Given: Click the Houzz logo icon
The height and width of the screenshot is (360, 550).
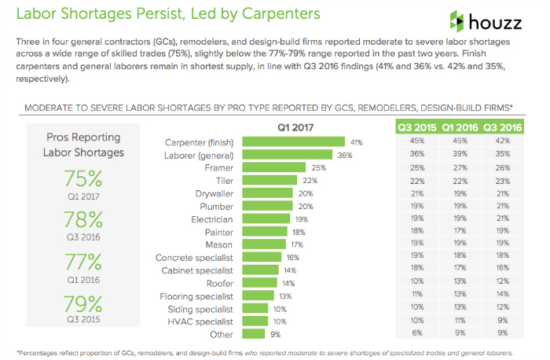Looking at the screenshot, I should [x=459, y=20].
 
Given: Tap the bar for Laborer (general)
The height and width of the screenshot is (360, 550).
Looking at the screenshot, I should [x=287, y=155].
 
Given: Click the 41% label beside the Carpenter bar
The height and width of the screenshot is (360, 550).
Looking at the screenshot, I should [x=357, y=142].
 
